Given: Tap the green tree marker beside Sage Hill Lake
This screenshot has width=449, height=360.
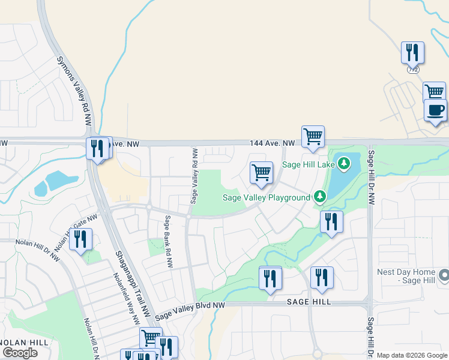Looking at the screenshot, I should [x=343, y=163].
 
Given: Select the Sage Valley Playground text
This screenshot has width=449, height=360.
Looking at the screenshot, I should [x=266, y=197].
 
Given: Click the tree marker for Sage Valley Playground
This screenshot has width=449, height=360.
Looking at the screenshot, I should [x=320, y=196].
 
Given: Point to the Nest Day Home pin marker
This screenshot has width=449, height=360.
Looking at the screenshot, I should [x=444, y=275].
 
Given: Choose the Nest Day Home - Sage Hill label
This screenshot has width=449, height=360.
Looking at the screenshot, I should [x=406, y=276].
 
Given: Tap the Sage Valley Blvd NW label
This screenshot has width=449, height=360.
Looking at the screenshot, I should [x=189, y=311].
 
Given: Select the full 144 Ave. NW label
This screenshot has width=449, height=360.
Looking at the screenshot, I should [x=273, y=143].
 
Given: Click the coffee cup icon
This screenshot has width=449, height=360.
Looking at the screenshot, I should [x=436, y=110].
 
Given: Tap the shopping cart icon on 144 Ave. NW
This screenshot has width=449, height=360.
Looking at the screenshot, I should [x=313, y=137].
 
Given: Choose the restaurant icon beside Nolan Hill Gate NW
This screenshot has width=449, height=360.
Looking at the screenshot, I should [x=80, y=239].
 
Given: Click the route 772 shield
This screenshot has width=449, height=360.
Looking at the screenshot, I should [x=412, y=69].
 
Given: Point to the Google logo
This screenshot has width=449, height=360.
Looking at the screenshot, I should [x=20, y=353].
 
